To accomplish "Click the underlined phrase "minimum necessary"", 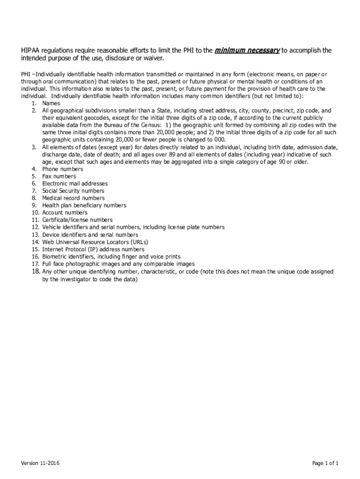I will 247,50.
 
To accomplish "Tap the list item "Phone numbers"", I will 63,169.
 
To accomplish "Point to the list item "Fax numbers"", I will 59,176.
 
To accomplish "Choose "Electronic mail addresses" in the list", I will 75,184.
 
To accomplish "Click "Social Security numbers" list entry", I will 73,191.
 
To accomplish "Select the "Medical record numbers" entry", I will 73,198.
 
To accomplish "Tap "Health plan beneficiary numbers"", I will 84,205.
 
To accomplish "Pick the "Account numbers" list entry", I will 65,213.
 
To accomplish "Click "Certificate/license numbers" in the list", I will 78,220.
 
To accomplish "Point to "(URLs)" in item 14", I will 139,242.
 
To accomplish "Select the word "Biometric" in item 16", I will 55,257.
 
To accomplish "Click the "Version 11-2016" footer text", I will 40,464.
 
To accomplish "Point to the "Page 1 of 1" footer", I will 325,464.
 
